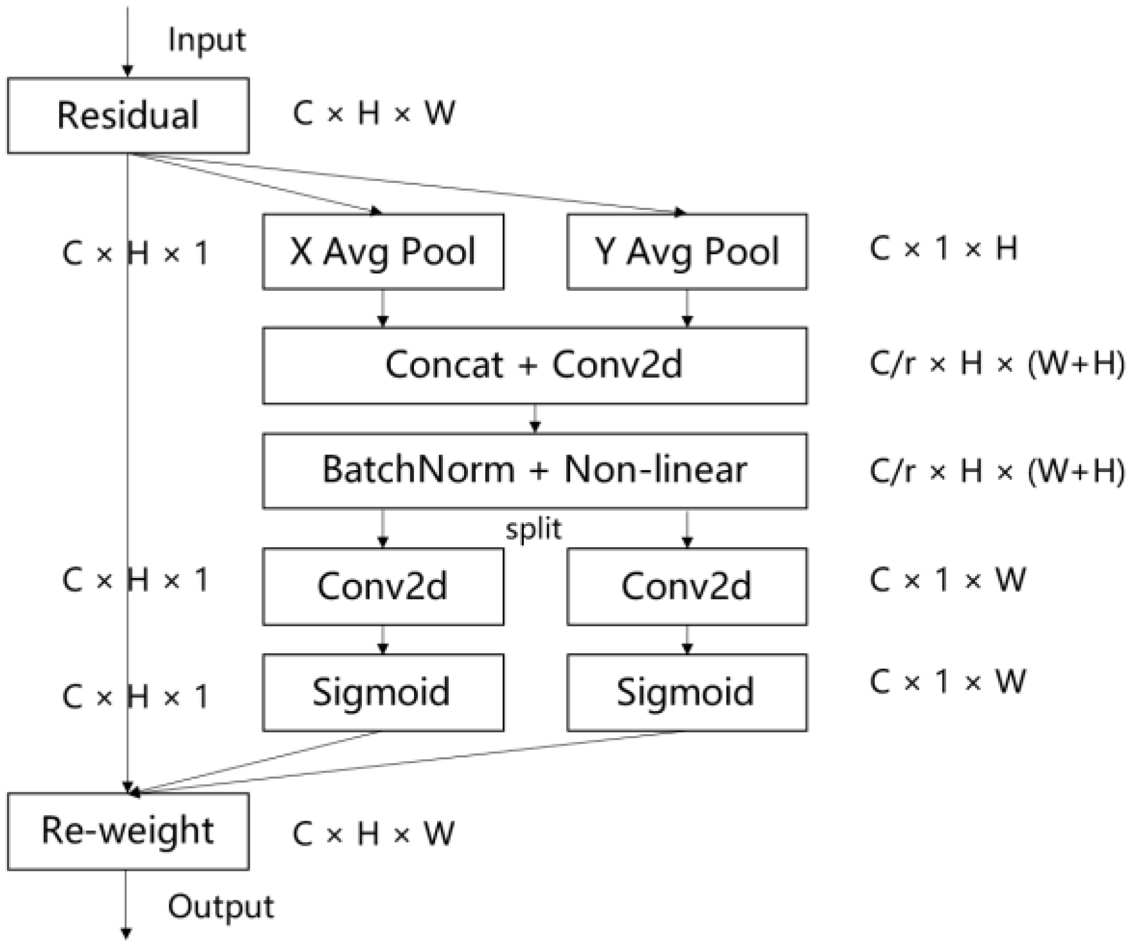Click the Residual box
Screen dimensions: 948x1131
[128, 116]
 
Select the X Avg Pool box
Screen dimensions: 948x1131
[383, 251]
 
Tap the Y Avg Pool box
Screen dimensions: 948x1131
[687, 251]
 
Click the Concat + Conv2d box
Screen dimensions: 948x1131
[534, 365]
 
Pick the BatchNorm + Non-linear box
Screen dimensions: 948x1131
[534, 471]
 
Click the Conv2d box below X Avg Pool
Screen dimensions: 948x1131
[383, 586]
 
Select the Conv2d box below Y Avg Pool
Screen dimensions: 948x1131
[687, 586]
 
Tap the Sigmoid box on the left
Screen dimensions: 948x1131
[383, 692]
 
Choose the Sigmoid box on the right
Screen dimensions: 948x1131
[687, 692]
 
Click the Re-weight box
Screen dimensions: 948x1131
[128, 831]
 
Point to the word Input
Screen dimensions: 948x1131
[206, 40]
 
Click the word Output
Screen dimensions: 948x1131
[220, 907]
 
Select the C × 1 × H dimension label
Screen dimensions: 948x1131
[943, 249]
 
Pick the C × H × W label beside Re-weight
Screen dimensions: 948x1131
[374, 834]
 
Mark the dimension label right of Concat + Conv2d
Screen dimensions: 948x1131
[996, 364]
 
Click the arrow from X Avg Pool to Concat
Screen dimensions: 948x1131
[383, 308]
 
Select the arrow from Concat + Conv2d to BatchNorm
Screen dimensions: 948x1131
[535, 419]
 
